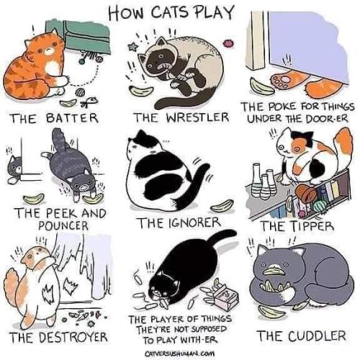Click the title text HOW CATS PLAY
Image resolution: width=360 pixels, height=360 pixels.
coord(180,13)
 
